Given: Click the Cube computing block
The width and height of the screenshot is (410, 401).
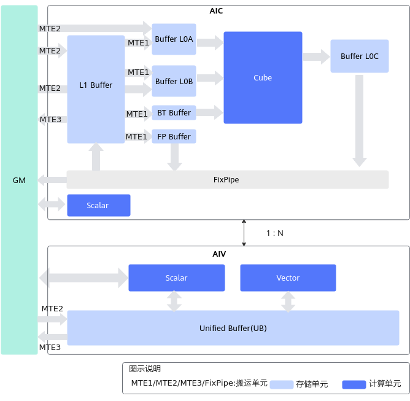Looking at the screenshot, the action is click(x=263, y=77).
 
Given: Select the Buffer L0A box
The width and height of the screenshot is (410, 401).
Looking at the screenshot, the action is click(x=174, y=39).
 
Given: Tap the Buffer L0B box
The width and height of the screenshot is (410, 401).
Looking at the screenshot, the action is click(x=174, y=81).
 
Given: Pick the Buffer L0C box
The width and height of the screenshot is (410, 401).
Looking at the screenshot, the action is click(x=360, y=56).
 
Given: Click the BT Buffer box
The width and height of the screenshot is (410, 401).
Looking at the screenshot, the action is click(x=174, y=113).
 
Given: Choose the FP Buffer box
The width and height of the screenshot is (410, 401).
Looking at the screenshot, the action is click(x=174, y=136).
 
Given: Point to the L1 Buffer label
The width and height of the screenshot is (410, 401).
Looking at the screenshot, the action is click(x=96, y=85).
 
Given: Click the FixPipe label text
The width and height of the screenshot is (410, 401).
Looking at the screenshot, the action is click(x=226, y=180).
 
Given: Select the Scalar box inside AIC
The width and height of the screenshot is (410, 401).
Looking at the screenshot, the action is click(x=99, y=205).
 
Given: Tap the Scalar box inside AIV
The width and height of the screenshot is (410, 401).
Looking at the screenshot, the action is click(x=177, y=278).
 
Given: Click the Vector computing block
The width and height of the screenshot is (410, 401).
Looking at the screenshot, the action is click(x=288, y=278).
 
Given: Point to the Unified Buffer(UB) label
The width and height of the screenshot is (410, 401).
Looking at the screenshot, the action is click(x=233, y=329).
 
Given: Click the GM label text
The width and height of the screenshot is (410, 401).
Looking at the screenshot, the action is click(x=19, y=180).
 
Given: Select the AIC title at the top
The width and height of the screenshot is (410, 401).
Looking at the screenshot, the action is click(x=216, y=11).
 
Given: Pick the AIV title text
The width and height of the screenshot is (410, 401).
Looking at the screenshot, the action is click(x=219, y=254).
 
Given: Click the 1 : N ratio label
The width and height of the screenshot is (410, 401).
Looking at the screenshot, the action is click(x=274, y=233).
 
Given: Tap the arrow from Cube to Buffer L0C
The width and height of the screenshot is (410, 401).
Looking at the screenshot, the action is click(x=316, y=56).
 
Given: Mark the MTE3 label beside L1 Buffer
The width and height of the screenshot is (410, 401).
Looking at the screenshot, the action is click(x=50, y=120).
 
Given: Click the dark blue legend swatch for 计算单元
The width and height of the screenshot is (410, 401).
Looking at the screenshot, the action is click(x=354, y=384).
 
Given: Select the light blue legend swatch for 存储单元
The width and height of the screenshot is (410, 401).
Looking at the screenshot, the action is click(x=282, y=384).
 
